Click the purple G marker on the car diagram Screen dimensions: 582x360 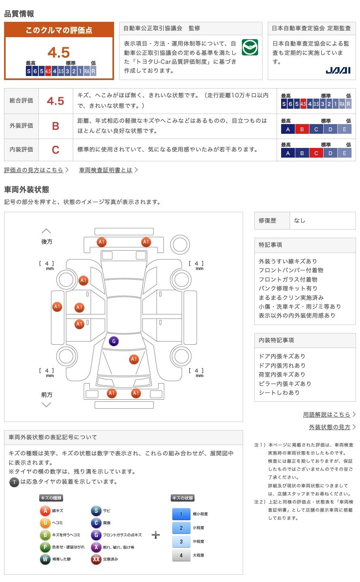114,341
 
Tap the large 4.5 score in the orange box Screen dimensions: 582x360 59,53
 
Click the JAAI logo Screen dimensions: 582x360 338,70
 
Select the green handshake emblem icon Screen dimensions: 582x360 250,47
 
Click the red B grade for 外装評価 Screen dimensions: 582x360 55,126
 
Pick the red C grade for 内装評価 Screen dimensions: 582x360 55,150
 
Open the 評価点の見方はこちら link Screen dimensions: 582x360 34,170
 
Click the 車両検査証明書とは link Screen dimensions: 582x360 106,170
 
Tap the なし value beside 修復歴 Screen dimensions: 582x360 300,221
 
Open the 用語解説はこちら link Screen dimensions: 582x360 327,415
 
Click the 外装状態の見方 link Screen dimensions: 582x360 330,427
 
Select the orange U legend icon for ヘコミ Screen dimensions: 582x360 45,523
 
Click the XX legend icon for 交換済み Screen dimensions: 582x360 96,559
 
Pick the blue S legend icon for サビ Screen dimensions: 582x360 96,511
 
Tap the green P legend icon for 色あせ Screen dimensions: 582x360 45,547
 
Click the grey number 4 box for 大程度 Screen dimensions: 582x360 181,555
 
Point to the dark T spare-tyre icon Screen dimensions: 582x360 14,482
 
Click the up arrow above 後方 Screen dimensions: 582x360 47,231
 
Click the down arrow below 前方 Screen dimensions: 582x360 47,405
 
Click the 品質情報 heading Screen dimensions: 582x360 19,14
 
